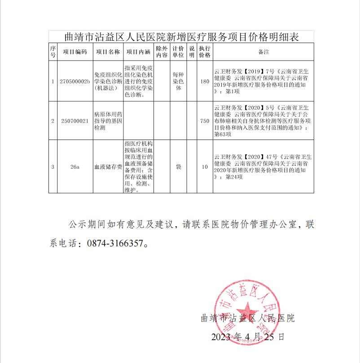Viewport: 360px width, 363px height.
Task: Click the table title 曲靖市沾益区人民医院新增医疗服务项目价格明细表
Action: pyautogui.click(x=181, y=36)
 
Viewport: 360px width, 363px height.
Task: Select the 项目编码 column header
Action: pyautogui.click(x=75, y=52)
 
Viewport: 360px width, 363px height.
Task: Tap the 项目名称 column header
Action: pyautogui.click(x=108, y=52)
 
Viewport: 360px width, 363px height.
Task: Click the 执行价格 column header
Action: pyautogui.click(x=205, y=52)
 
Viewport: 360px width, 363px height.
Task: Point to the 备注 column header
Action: pyautogui.click(x=263, y=52)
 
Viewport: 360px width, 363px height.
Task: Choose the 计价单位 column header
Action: pyautogui.click(x=178, y=52)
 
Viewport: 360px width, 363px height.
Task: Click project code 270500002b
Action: pyautogui.click(x=75, y=82)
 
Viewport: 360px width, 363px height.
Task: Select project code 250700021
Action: pyautogui.click(x=75, y=121)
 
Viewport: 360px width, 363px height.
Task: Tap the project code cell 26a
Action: pyautogui.click(x=75, y=167)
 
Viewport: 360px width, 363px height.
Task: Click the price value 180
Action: pyautogui.click(x=205, y=82)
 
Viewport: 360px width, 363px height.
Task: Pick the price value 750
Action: pyautogui.click(x=205, y=121)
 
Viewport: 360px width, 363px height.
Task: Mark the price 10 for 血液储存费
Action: pyautogui.click(x=205, y=167)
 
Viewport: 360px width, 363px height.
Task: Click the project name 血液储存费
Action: pyautogui.click(x=108, y=167)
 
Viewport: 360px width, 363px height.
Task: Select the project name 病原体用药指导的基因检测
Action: pyautogui.click(x=108, y=121)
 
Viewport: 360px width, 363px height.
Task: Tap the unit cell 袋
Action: pyautogui.click(x=178, y=167)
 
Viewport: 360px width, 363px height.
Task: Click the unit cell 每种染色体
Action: pyautogui.click(x=178, y=82)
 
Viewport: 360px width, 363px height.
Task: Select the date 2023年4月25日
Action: pyautogui.click(x=247, y=337)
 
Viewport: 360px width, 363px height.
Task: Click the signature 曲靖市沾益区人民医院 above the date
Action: pyautogui.click(x=247, y=319)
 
